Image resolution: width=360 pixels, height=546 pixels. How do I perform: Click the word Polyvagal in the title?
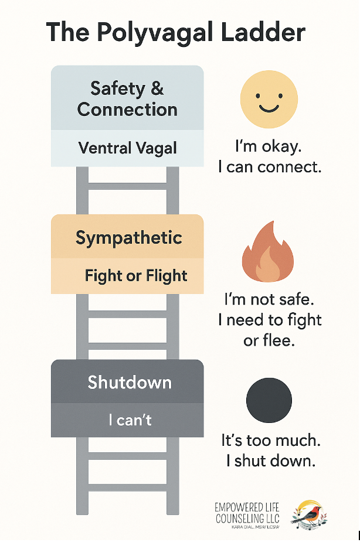pos(156,32)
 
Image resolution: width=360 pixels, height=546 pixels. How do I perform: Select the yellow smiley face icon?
pos(269,100)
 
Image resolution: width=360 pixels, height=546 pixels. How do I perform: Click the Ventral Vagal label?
pos(127,148)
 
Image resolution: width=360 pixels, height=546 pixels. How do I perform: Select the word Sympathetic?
pos(128,238)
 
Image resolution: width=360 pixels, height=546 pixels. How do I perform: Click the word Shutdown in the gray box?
pos(130,383)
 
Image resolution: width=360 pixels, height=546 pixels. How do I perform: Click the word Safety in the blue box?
pos(117,88)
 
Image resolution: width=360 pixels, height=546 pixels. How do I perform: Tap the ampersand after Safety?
pos(157,88)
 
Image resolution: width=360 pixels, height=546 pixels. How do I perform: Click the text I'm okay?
pos(270,146)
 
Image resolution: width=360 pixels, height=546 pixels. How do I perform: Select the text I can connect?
pos(270,167)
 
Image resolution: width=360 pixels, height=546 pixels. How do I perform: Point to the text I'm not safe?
pos(269,299)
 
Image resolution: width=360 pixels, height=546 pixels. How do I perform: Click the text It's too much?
pos(270,440)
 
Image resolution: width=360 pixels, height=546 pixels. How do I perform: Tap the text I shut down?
pos(270,460)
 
